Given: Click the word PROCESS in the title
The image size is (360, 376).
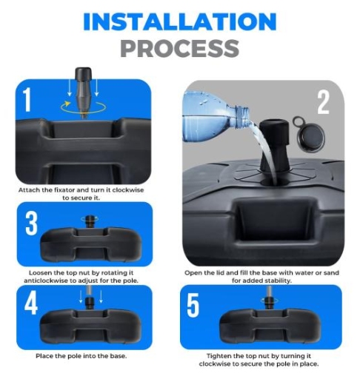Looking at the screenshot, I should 179,48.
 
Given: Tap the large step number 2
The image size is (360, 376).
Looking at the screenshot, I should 323,102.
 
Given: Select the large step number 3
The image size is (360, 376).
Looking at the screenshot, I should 31,223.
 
